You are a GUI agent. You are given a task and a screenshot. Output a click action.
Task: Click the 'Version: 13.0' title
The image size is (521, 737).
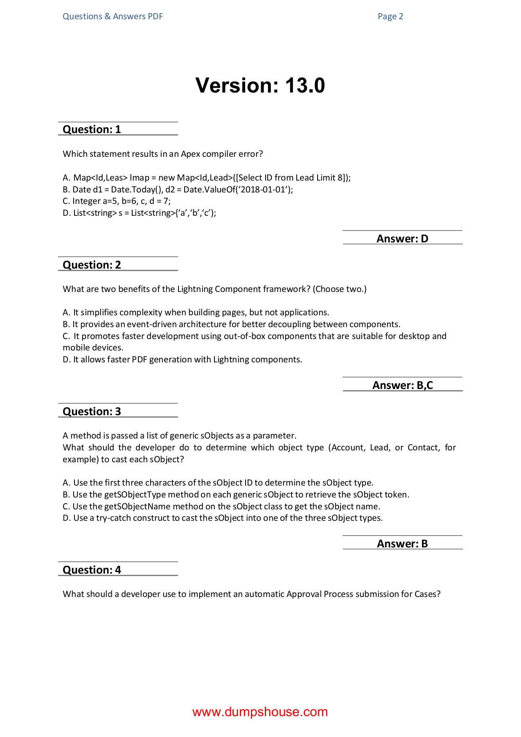pyautogui.click(x=260, y=86)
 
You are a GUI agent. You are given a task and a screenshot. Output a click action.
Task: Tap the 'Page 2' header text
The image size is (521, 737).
pyautogui.click(x=390, y=16)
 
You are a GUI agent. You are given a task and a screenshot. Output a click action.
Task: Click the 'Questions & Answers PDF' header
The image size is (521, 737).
pyautogui.click(x=113, y=16)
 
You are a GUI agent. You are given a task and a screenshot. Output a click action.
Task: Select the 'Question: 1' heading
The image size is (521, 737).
pyautogui.click(x=92, y=129)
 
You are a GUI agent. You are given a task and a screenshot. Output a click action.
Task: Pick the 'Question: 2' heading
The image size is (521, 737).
pyautogui.click(x=92, y=265)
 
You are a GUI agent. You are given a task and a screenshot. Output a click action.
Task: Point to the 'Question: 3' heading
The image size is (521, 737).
pyautogui.click(x=92, y=411)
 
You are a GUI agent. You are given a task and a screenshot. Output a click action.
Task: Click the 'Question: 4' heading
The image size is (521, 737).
pyautogui.click(x=92, y=570)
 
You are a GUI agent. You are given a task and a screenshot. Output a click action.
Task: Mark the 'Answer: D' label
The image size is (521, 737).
pyautogui.click(x=402, y=239)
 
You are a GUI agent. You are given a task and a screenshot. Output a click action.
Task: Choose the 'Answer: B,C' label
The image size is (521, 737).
pyautogui.click(x=403, y=385)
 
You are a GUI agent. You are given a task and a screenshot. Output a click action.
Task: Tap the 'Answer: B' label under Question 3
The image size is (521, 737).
pyautogui.click(x=402, y=544)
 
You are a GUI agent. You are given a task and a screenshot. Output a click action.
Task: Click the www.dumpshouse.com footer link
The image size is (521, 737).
pyautogui.click(x=260, y=712)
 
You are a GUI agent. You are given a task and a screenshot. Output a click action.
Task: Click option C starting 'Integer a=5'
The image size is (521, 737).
pyautogui.click(x=117, y=201)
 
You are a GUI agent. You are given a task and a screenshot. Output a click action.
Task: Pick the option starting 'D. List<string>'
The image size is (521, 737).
pyautogui.click(x=139, y=213)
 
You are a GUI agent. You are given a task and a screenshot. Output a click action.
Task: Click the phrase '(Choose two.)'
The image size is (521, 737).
pyautogui.click(x=340, y=289)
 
